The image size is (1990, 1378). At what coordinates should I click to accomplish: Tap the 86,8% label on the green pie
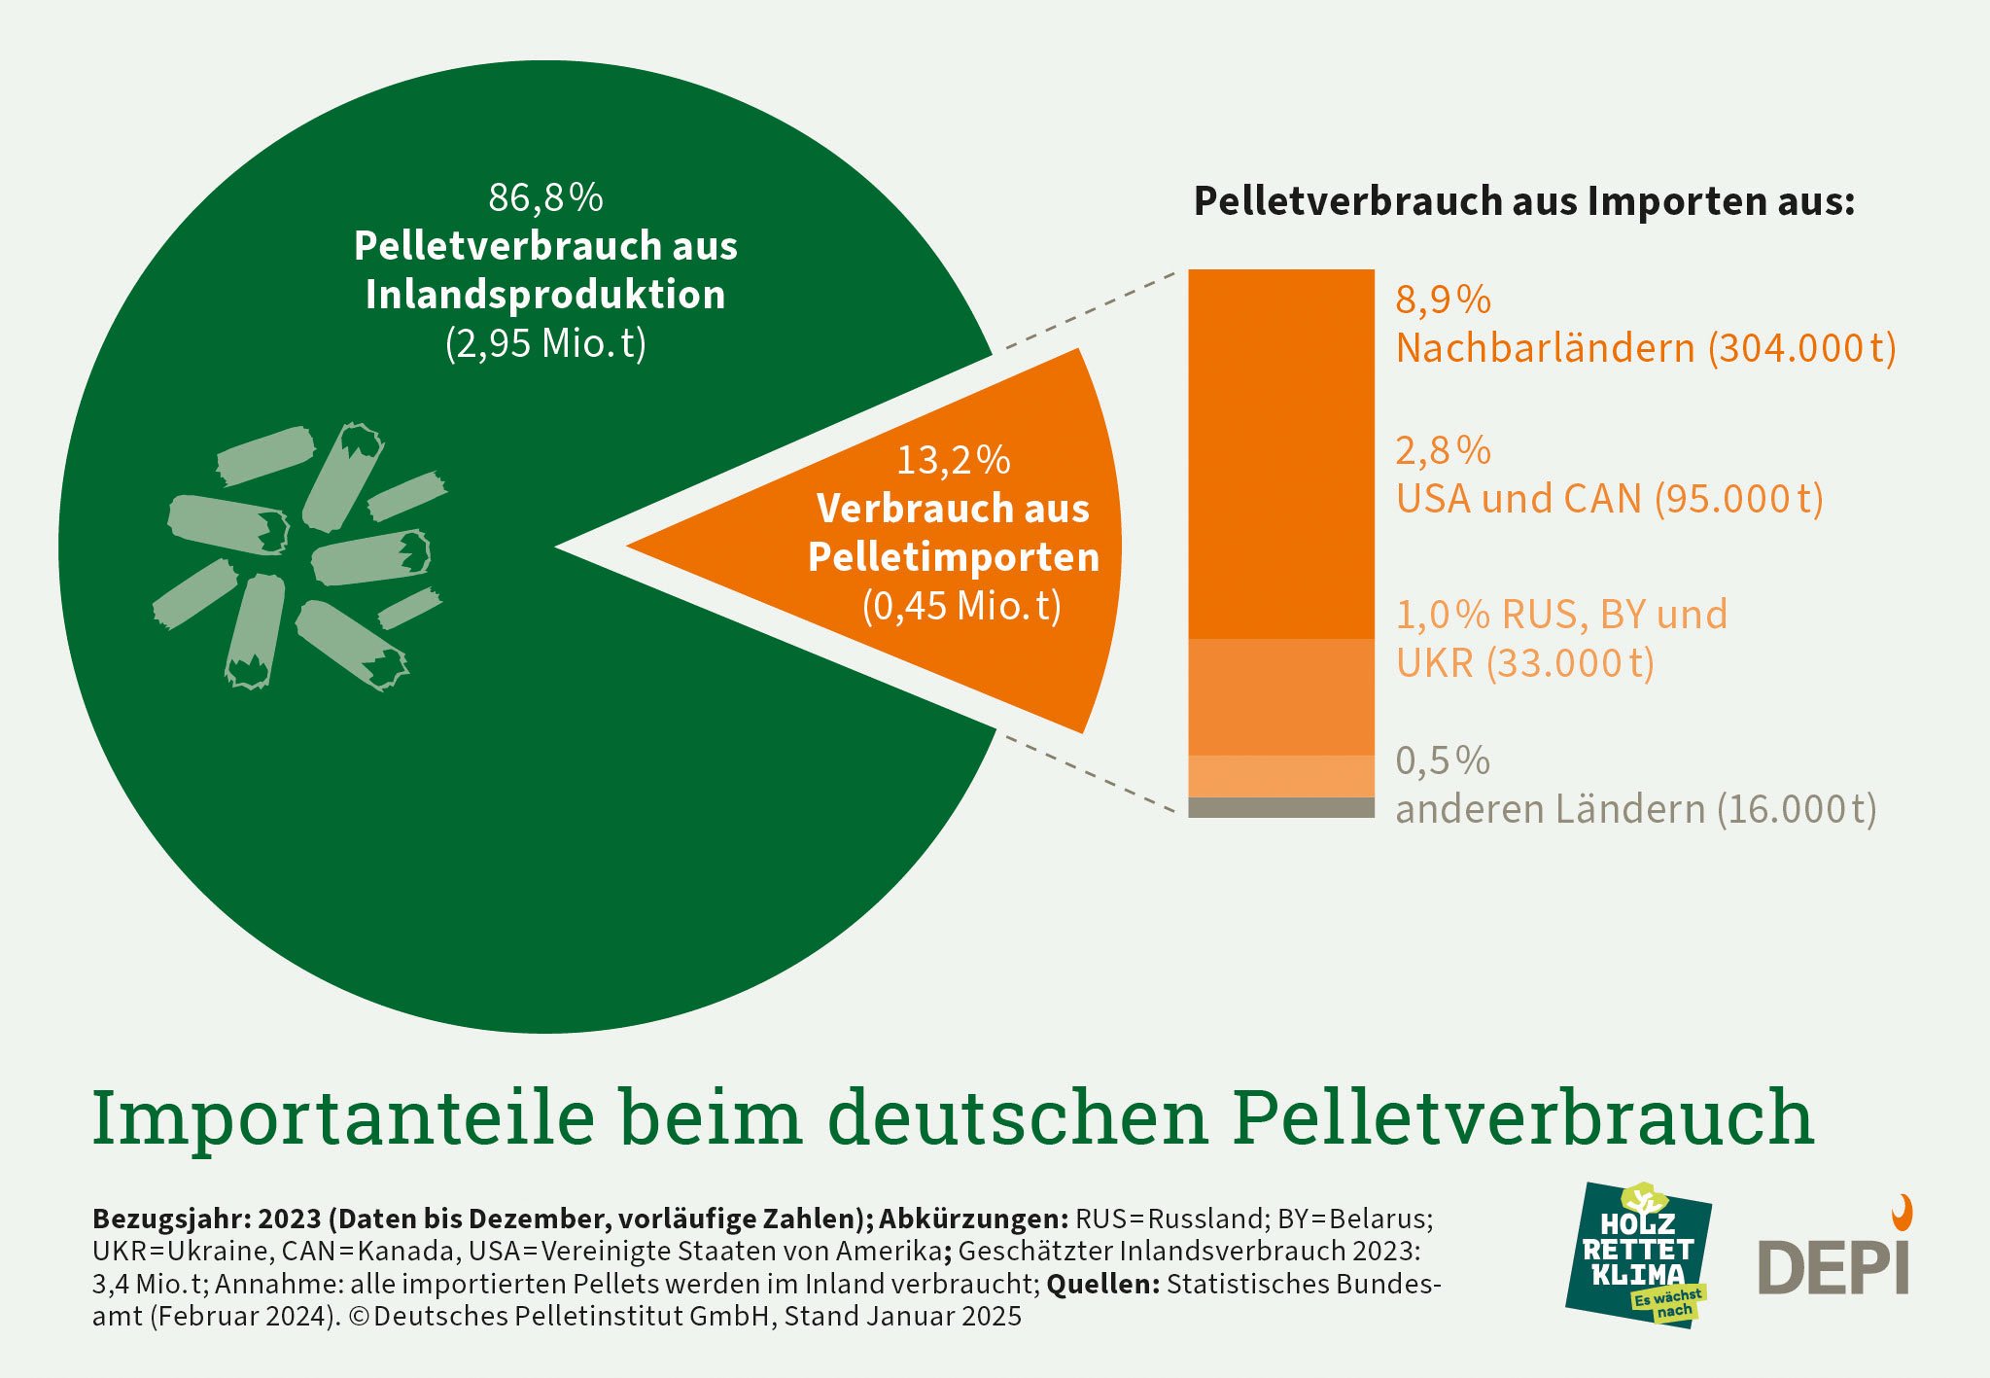(x=545, y=197)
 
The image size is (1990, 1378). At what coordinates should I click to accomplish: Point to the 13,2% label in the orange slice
(x=953, y=460)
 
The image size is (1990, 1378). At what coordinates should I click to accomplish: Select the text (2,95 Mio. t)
(x=545, y=343)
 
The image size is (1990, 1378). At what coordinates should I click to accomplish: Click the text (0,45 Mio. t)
(x=961, y=606)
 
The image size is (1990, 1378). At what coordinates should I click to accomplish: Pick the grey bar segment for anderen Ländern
(x=1280, y=807)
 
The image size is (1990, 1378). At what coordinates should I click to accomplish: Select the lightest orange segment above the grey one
(x=1280, y=776)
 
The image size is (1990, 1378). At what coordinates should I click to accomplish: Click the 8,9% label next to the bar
(x=1443, y=300)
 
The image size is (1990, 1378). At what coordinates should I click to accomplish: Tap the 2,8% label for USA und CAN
(x=1443, y=450)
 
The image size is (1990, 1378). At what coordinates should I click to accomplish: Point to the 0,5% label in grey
(x=1443, y=760)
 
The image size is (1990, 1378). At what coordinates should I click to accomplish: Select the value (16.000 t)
(x=1797, y=809)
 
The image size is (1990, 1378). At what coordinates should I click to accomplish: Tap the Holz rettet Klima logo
(x=1639, y=1254)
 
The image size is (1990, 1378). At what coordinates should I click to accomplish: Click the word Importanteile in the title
(x=342, y=1118)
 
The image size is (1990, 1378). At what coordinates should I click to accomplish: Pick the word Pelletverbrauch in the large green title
(x=1522, y=1118)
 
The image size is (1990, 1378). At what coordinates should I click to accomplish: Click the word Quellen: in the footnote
(x=1102, y=1284)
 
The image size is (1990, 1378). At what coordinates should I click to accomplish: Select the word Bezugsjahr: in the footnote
(x=172, y=1219)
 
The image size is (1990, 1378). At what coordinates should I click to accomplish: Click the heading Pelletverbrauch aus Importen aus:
(x=1523, y=201)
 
